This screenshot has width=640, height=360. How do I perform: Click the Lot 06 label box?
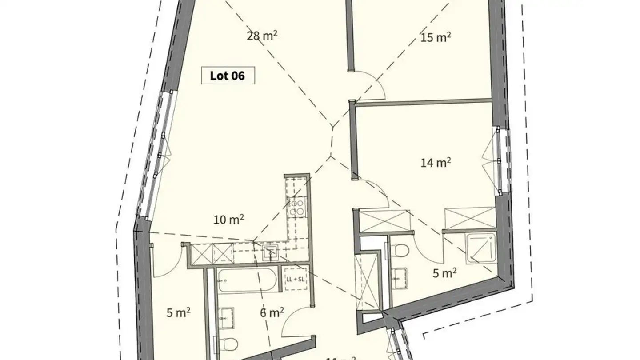[228, 76]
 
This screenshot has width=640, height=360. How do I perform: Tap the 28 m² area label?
[262, 36]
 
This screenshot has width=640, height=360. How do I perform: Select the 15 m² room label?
[436, 37]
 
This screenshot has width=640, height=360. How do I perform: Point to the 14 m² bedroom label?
[436, 163]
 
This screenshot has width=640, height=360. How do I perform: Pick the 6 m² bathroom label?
[272, 313]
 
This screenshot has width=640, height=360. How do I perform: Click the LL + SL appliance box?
[295, 279]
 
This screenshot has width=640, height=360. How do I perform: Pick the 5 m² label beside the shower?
[444, 273]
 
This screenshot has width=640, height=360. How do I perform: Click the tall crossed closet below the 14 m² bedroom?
[368, 281]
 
